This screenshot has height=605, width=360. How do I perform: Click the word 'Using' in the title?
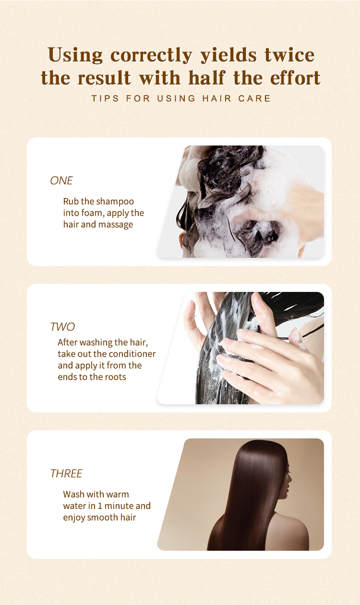75,55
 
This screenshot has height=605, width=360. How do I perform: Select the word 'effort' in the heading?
295,78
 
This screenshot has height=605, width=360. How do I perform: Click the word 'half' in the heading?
206,78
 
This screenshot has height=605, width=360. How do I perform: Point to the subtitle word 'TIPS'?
105,98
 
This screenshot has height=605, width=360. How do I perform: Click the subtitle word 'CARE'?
254,98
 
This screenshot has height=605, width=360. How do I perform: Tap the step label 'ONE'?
61,181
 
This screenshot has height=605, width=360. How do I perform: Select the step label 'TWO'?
62,327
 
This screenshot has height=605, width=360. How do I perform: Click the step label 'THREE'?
66,473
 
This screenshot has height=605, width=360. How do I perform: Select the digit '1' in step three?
100,506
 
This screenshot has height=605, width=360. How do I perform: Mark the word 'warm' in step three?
118,494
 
